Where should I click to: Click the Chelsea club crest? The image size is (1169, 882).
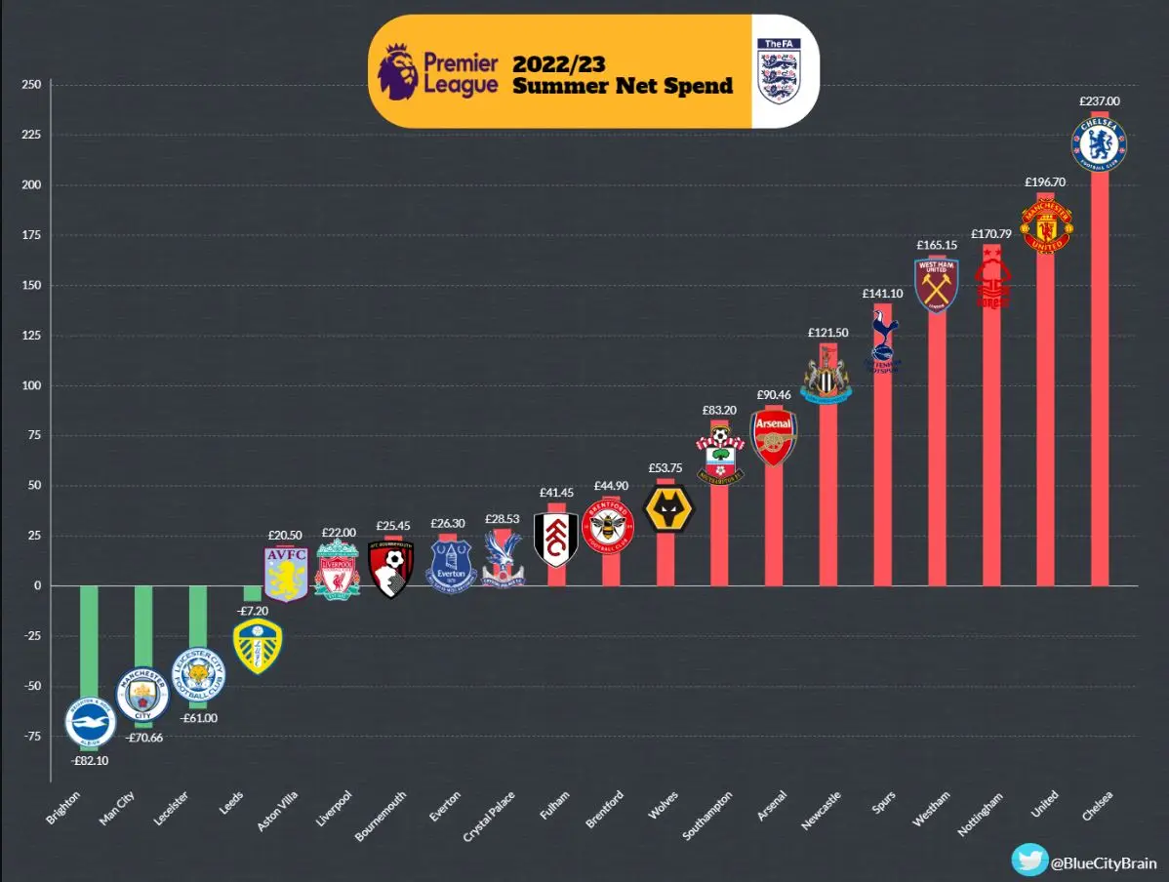1100,142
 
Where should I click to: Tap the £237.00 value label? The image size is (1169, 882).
1100,100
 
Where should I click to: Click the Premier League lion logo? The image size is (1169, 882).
398,70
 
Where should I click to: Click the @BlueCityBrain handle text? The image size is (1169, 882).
1103,862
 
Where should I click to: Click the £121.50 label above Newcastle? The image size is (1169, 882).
827,333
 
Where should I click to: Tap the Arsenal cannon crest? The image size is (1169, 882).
773,437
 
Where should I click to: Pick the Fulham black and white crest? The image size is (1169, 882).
556,539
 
